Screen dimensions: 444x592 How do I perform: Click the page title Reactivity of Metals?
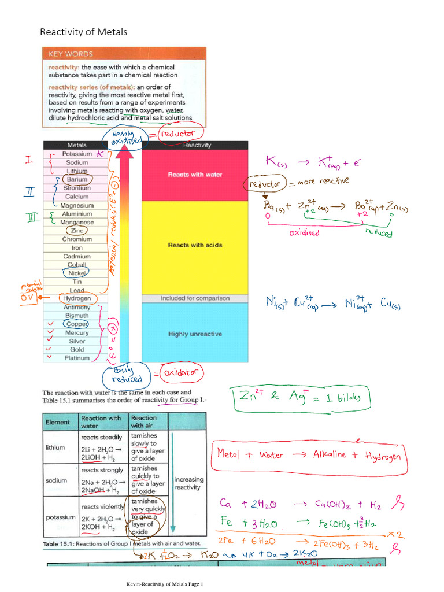[83, 32]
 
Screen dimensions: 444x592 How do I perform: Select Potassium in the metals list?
[77, 154]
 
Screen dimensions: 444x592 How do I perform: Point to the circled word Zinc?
[77, 231]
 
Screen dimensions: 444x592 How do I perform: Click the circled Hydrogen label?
[77, 298]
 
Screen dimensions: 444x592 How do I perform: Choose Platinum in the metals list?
[77, 358]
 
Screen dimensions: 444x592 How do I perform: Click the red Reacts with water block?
[194, 175]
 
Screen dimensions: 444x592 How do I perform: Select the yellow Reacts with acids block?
[194, 245]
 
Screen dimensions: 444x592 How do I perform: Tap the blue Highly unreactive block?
[194, 334]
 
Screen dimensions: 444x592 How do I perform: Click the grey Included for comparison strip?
[194, 298]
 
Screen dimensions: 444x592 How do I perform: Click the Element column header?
[58, 422]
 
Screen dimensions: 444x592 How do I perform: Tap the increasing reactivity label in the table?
[189, 483]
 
